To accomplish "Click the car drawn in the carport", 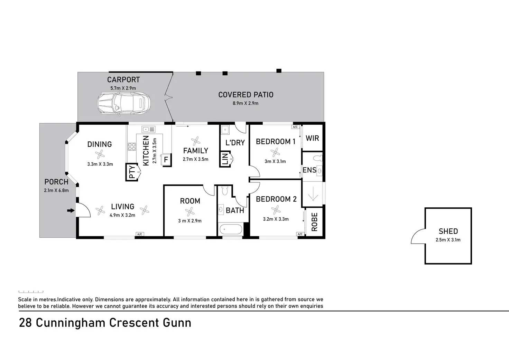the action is tap(124, 104).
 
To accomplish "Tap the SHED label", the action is tap(448, 231).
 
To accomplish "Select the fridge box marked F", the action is tap(166, 160).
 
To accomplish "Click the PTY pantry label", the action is tap(132, 172).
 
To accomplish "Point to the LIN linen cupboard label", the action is tap(225, 159).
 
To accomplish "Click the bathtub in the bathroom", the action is tap(231, 229).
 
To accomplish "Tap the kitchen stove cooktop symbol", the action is tap(132, 146).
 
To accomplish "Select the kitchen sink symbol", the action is tap(148, 129).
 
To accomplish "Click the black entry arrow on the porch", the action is tap(71, 211).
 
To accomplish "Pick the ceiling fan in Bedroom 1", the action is tap(275, 152).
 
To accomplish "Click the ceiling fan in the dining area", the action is tap(100, 154).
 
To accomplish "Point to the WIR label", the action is tap(312, 138).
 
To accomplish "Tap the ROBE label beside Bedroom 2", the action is tap(314, 222).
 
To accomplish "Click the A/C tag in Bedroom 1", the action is tap(295, 127).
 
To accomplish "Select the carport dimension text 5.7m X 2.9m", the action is tap(123, 88).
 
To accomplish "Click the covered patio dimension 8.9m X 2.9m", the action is tap(246, 103).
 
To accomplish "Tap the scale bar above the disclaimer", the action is tap(31, 292).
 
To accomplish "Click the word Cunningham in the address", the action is tap(71, 323).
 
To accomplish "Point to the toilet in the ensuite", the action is tap(318, 158).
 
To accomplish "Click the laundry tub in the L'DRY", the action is tap(225, 130).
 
